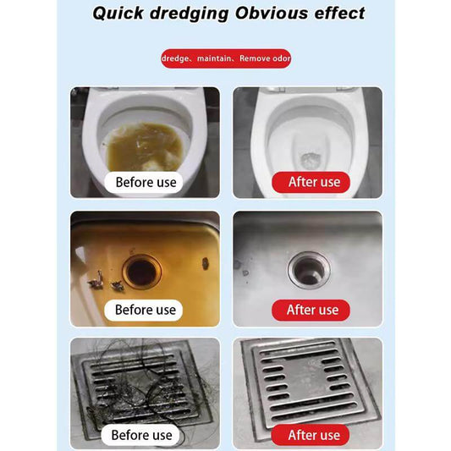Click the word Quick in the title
click(121, 14)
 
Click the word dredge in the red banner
click(178, 59)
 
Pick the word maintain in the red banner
click(216, 59)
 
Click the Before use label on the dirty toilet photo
click(146, 182)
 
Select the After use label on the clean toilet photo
click(313, 182)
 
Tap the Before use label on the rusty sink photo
click(145, 310)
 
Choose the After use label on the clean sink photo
click(312, 310)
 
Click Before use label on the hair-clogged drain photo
click(142, 435)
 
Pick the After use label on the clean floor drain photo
click(313, 435)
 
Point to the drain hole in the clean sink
click(305, 270)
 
